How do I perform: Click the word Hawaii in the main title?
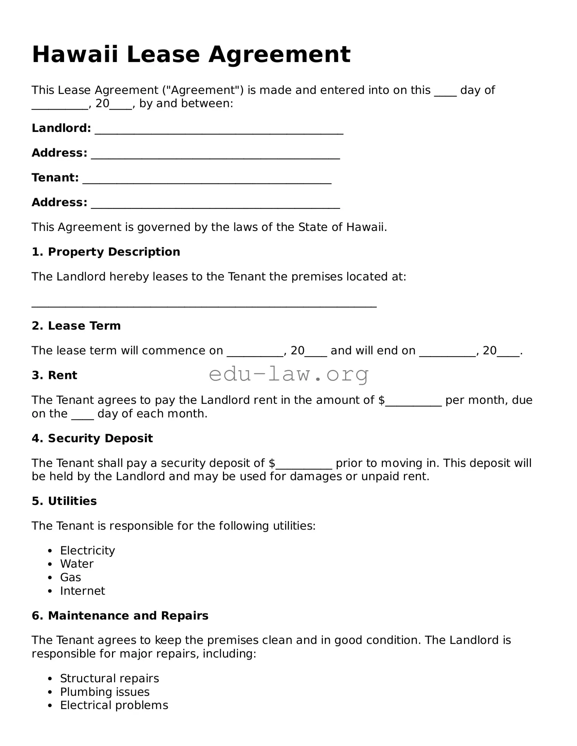tap(75, 54)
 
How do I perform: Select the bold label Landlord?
tap(61, 128)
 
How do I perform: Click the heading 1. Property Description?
tap(106, 252)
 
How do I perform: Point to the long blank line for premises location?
tap(204, 305)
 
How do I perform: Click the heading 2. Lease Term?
tap(76, 326)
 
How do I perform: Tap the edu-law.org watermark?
tap(289, 374)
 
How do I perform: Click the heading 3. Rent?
tap(54, 375)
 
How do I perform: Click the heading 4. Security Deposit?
tap(92, 438)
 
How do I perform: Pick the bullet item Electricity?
tap(87, 550)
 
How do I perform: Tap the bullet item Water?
tap(77, 564)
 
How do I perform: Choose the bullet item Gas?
tap(70, 577)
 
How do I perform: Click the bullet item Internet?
tap(83, 591)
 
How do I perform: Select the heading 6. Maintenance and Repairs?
tap(120, 615)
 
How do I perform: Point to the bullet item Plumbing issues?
tap(105, 692)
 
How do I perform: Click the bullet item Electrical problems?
tap(114, 705)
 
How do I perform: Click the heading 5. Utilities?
tap(64, 501)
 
